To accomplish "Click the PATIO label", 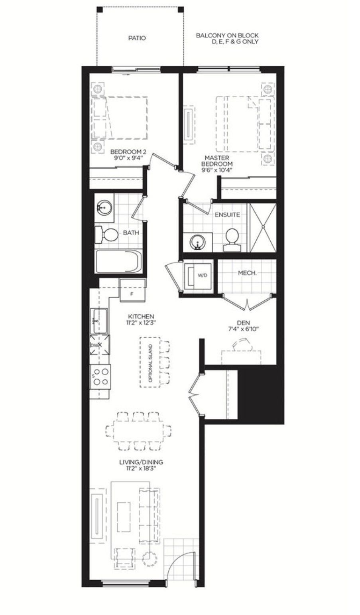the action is [137, 38].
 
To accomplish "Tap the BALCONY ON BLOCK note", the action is [227, 38].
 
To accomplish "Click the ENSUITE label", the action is [227, 215].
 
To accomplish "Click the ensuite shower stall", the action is [263, 227].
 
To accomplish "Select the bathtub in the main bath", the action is [118, 261].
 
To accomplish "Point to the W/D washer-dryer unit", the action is [198, 275].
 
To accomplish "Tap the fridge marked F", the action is [132, 290].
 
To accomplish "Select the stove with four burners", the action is [101, 376].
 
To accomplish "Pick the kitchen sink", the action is [99, 321].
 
